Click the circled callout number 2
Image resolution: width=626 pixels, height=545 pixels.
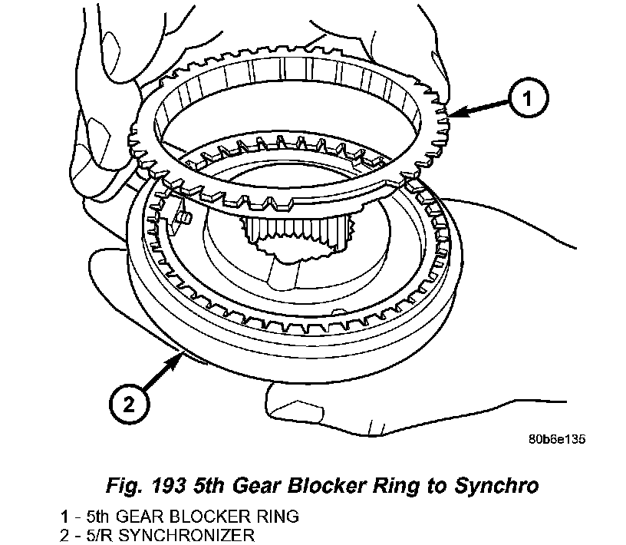point(127,401)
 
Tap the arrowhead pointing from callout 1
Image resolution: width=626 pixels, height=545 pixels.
point(453,116)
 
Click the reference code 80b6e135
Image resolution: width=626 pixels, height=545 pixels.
point(557,441)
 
